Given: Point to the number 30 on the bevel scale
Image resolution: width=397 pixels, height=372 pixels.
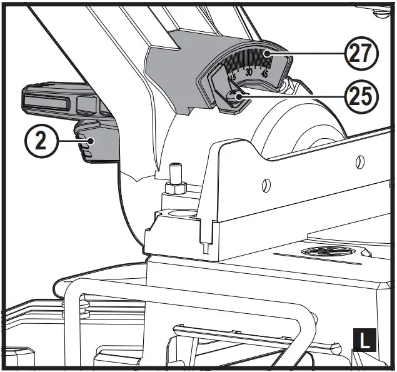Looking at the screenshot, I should (x=249, y=73).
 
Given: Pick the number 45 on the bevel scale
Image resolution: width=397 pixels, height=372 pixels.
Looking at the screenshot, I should (x=265, y=74).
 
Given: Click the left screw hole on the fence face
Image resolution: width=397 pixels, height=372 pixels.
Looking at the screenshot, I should (x=266, y=186).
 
